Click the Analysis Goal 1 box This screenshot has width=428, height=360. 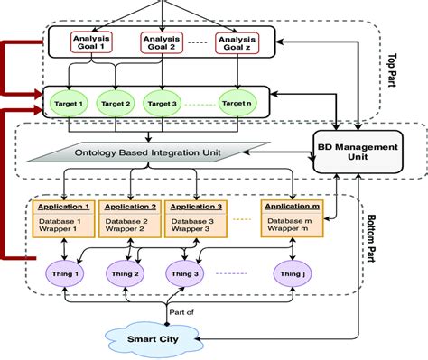click(x=94, y=44)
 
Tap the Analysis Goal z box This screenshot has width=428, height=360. click(x=237, y=44)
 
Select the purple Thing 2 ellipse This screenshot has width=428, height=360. click(x=123, y=273)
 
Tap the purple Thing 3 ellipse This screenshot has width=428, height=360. click(x=188, y=273)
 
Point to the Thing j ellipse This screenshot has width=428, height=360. click(x=291, y=273)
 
